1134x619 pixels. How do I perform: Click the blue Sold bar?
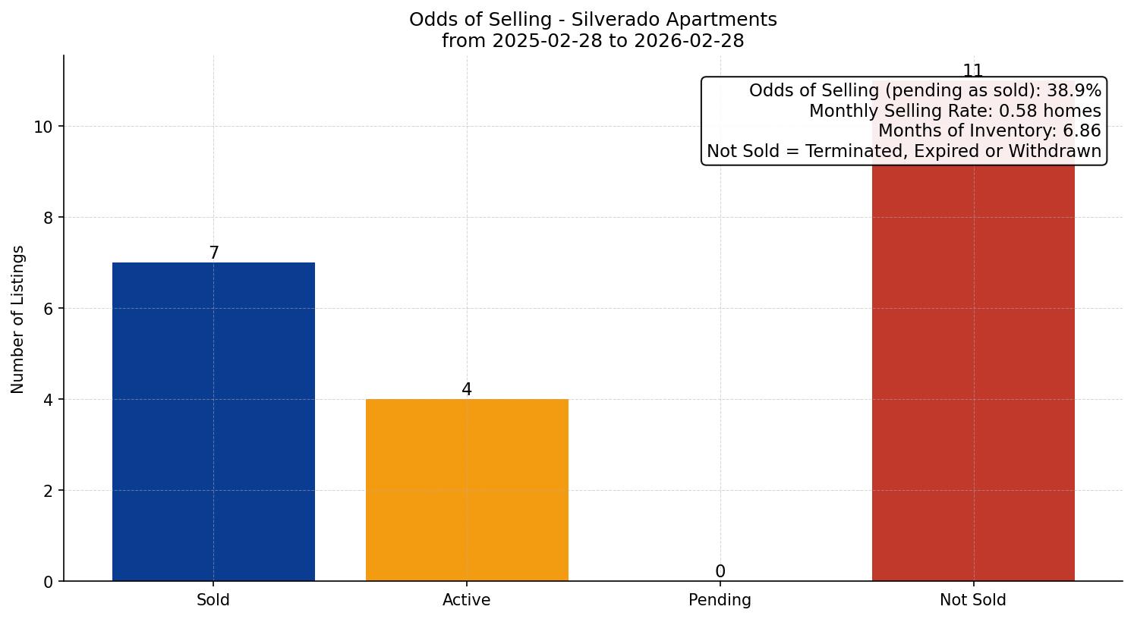pos(213,422)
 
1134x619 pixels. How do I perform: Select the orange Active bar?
pos(467,490)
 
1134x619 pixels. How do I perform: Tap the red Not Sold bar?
pos(973,372)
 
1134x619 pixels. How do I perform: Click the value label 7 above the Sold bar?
pos(214,253)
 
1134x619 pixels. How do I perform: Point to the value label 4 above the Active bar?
pos(467,390)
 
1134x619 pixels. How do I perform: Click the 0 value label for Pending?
pos(720,572)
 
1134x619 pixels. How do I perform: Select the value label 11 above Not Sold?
pos(973,71)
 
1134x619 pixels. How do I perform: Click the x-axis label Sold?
pos(213,600)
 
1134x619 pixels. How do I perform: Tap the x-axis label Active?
pos(467,600)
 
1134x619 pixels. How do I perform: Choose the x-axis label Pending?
pos(720,600)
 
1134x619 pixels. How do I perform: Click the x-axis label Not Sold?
pos(973,600)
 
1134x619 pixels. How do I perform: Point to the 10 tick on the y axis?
pos(43,127)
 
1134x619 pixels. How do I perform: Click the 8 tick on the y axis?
pos(48,218)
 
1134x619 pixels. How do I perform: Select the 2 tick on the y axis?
pos(48,491)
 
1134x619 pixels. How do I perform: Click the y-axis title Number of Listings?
pos(17,319)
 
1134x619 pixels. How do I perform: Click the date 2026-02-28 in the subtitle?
pos(688,41)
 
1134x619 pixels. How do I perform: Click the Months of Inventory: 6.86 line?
pos(989,130)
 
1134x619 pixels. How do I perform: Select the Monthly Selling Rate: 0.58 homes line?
pos(955,111)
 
